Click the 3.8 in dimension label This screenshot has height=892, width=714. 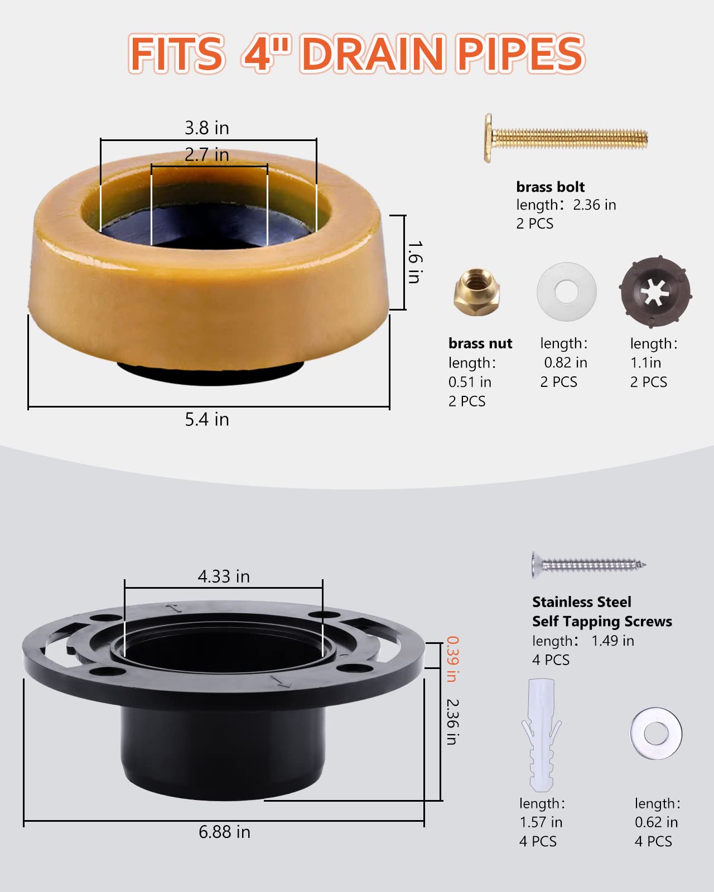[x=207, y=128]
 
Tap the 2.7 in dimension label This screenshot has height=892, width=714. [x=207, y=154]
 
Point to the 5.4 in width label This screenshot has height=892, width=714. [x=207, y=419]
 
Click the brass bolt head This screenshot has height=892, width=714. [x=489, y=138]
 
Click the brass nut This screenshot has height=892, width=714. [x=476, y=292]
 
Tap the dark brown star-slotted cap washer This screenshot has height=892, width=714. [x=655, y=292]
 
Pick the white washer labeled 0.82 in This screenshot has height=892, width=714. [x=566, y=292]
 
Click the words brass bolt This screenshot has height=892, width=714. [x=550, y=187]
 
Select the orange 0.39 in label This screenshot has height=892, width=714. [x=452, y=659]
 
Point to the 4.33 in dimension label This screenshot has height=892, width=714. [x=224, y=576]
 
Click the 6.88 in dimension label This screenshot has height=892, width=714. [x=224, y=832]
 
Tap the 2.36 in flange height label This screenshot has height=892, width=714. [x=452, y=722]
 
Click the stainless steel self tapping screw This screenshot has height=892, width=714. [x=588, y=565]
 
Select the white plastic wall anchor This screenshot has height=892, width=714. [x=541, y=735]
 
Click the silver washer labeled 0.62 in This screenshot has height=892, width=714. [x=656, y=733]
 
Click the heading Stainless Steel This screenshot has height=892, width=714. [x=581, y=602]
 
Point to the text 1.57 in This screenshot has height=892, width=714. [x=541, y=822]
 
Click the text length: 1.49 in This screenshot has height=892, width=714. [x=583, y=641]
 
